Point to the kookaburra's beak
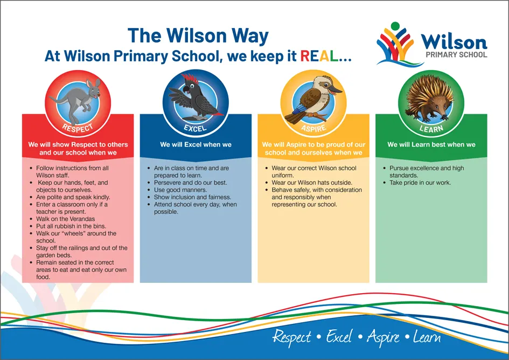pyautogui.click(x=334, y=90)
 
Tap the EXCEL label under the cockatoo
pyautogui.click(x=195, y=129)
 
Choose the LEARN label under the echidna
pyautogui.click(x=431, y=129)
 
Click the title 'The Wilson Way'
pyautogui.click(x=198, y=36)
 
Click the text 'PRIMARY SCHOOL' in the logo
pyautogui.click(x=456, y=54)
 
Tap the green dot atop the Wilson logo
pyautogui.click(x=396, y=25)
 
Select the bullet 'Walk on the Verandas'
pyautogui.click(x=62, y=219)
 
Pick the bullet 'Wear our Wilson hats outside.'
pyautogui.click(x=312, y=183)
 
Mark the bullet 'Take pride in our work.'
pyautogui.click(x=420, y=183)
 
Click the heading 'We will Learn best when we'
pyautogui.click(x=431, y=144)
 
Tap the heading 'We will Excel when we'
pyautogui.click(x=196, y=144)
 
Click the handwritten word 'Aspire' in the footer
pyautogui.click(x=384, y=337)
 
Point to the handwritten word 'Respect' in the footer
pyautogui.click(x=291, y=337)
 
